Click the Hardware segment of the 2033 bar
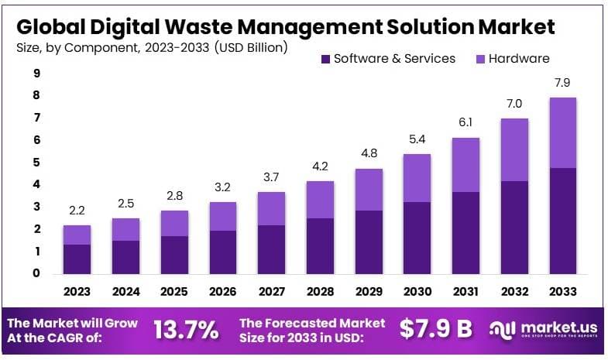563,132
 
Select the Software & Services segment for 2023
77,259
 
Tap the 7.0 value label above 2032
514,104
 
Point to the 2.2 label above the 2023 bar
77,211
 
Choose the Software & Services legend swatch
325,59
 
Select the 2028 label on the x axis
320,292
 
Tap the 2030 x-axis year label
417,292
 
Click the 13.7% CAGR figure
186,330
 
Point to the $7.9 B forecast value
435,330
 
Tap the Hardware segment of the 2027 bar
271,208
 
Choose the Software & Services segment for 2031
465,232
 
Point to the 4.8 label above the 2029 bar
369,153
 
